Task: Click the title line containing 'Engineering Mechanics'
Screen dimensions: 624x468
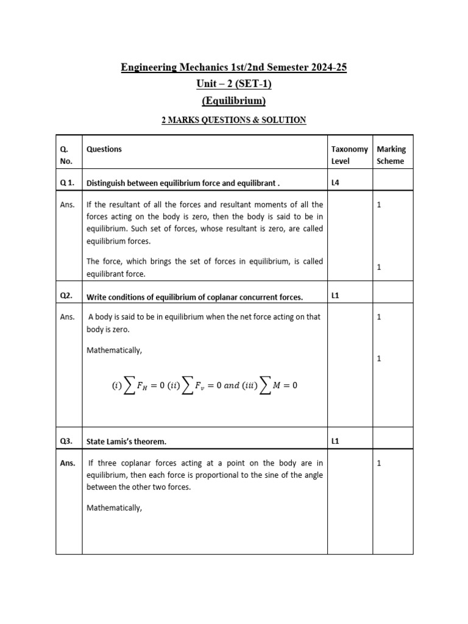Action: (233, 68)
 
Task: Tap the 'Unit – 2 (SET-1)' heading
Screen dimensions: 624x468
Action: (233, 84)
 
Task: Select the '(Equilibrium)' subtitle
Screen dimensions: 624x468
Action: (233, 101)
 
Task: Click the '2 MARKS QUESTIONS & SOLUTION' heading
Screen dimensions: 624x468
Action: (233, 120)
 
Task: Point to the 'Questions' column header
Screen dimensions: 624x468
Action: (104, 149)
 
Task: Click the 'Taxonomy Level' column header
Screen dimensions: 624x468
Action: (349, 155)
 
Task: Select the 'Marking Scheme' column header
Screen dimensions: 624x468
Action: (391, 155)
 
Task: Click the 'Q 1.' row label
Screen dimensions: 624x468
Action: (68, 182)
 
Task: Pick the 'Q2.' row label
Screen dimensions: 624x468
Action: (66, 296)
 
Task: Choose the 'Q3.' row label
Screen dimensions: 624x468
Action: (66, 441)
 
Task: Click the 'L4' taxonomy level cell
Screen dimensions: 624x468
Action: (336, 182)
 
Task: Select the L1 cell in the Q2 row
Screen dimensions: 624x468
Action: (336, 296)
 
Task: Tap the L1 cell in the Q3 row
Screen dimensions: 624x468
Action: (336, 441)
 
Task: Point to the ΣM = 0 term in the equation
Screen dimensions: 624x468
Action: (278, 385)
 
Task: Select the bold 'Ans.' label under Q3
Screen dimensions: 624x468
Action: (67, 463)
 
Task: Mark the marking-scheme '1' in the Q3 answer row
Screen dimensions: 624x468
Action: (378, 463)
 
